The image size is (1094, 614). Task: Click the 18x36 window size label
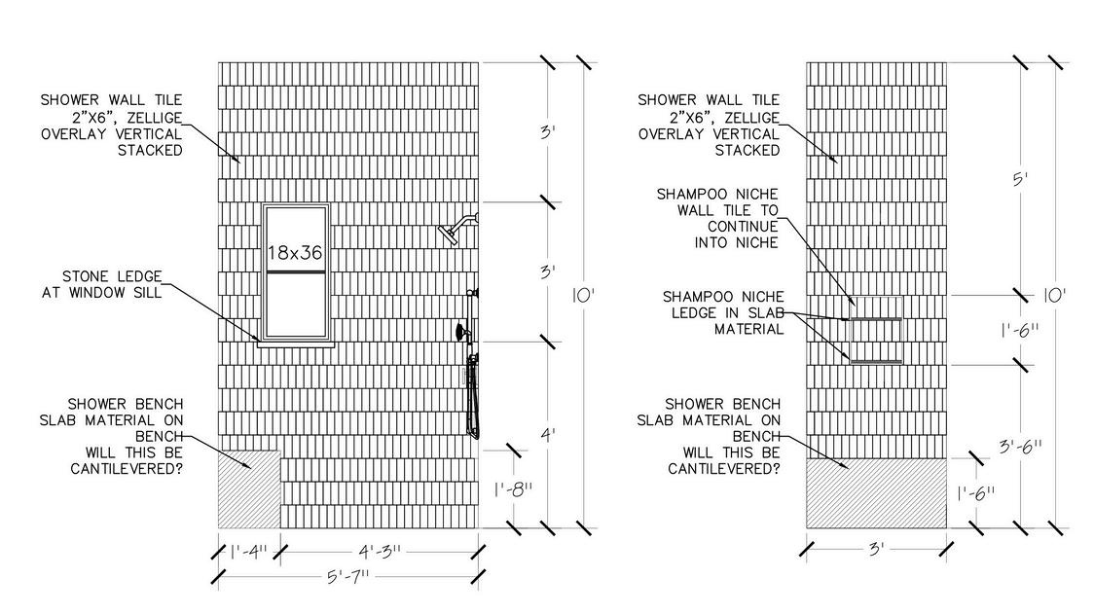click(x=296, y=253)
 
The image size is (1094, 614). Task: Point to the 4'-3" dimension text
click(x=378, y=552)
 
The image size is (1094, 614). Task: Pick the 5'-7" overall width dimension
click(x=348, y=578)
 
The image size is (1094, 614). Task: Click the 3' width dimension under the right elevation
click(x=876, y=549)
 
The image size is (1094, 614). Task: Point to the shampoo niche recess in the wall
click(x=876, y=341)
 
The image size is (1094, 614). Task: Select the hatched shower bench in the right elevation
click(x=876, y=494)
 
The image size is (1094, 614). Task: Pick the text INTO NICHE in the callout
click(x=737, y=243)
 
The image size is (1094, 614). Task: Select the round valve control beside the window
click(x=457, y=333)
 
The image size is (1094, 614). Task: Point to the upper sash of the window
click(x=296, y=238)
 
